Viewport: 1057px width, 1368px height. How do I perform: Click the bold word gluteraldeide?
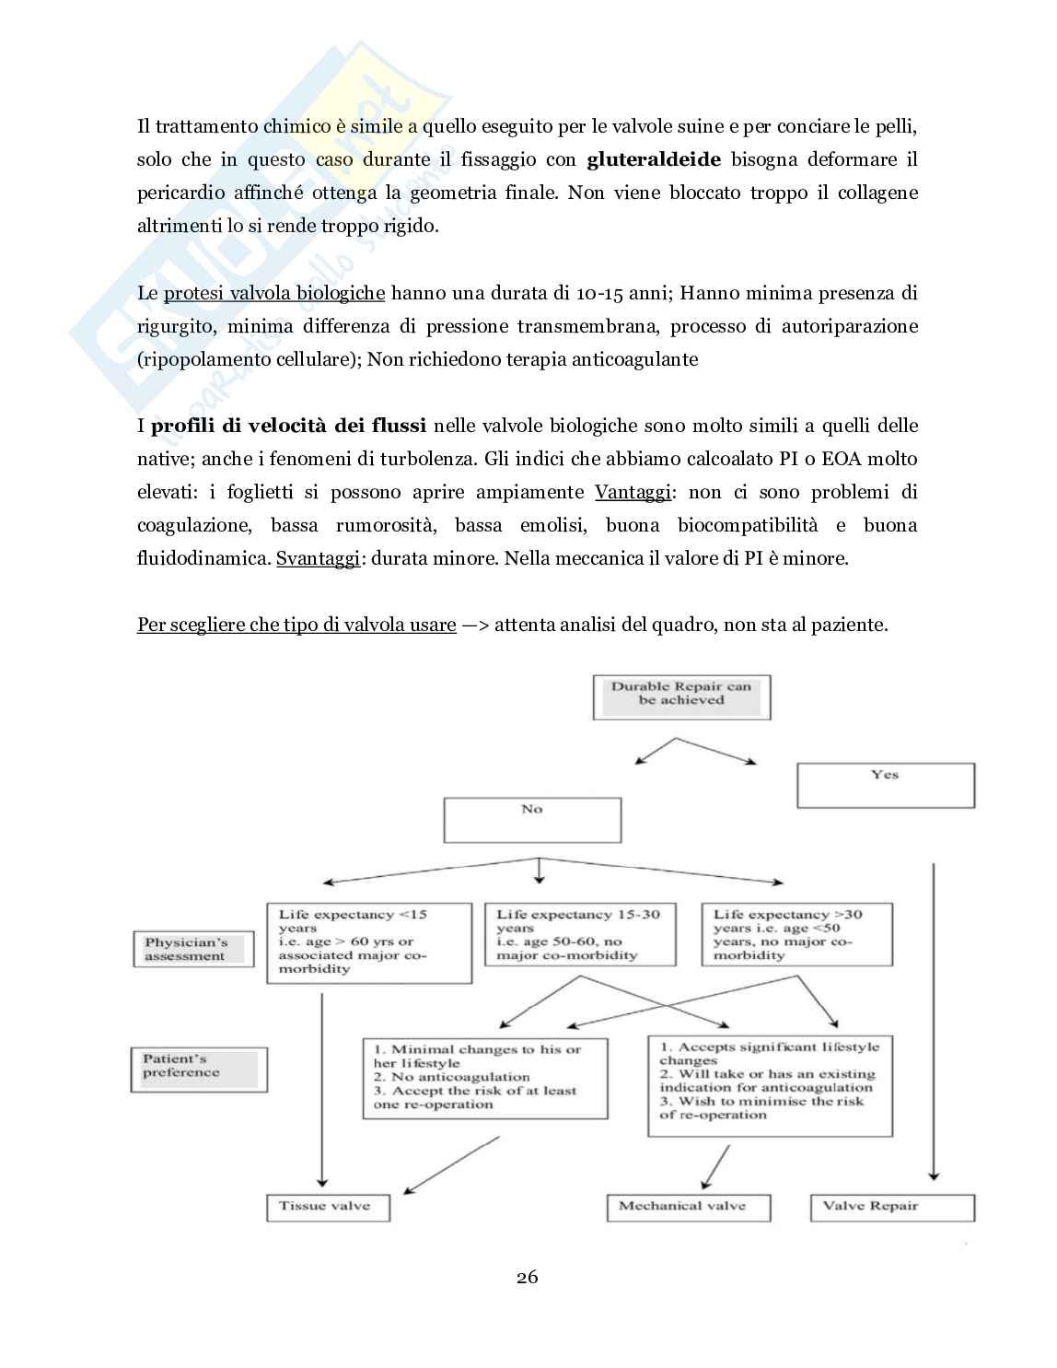[654, 159]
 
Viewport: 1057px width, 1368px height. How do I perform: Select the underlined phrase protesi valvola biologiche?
[274, 293]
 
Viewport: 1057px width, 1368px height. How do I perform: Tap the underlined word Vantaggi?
[633, 492]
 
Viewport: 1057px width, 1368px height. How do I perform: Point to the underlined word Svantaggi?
[317, 558]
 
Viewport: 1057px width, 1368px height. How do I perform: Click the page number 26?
[528, 1277]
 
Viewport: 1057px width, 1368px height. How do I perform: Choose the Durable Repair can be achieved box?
[681, 696]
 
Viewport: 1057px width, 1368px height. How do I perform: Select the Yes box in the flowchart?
[885, 786]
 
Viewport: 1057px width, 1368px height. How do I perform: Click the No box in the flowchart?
[532, 819]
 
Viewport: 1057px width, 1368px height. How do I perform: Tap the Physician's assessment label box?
[193, 949]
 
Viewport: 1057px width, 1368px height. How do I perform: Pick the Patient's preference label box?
[199, 1069]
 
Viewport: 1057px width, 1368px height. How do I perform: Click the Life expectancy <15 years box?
[368, 942]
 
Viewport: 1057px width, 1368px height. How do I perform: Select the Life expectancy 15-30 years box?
[580, 934]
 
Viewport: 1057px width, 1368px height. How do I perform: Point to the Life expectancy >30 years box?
[796, 934]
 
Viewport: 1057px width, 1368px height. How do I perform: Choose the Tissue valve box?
[328, 1207]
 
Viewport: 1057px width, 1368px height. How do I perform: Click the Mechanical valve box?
[688, 1207]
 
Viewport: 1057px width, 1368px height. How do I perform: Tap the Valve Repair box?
[891, 1207]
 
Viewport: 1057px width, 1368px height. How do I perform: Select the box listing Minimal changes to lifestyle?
[485, 1078]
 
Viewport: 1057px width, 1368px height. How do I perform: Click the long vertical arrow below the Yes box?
[935, 1023]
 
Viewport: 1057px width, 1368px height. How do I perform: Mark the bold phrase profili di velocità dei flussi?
[288, 426]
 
